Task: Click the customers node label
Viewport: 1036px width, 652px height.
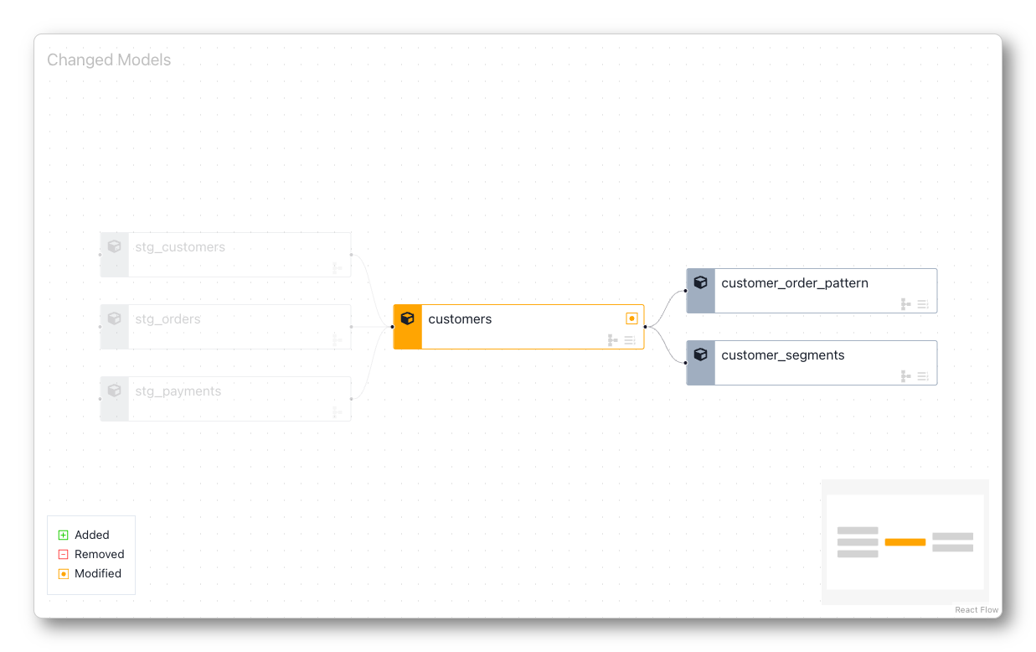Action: coord(460,319)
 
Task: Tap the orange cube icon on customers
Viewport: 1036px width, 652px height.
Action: coord(408,318)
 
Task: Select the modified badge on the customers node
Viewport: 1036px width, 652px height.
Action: coord(631,318)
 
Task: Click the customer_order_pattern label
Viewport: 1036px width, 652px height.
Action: coord(794,283)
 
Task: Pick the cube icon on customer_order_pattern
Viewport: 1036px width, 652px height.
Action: coord(701,282)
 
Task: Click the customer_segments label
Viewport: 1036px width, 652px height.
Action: coord(782,355)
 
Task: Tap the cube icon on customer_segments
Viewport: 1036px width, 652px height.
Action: coord(701,354)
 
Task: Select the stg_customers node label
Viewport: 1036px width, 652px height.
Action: coord(180,247)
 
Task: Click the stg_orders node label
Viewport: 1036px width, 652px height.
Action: coord(168,319)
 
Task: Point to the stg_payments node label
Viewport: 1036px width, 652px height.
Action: coord(178,391)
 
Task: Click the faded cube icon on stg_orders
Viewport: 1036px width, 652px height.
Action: coord(115,318)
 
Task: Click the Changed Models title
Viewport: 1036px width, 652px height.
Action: coord(109,60)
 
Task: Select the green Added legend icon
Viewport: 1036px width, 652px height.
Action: coord(63,535)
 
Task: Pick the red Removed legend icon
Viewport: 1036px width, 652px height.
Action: coord(63,554)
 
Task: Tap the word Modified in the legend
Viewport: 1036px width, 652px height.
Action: coord(98,573)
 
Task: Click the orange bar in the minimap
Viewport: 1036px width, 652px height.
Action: coord(905,542)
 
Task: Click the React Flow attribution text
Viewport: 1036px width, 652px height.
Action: coord(977,610)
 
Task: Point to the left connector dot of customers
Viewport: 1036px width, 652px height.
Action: coord(392,327)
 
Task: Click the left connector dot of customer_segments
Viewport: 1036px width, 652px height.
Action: coord(685,363)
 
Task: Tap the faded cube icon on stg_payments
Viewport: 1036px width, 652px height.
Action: coord(115,391)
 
